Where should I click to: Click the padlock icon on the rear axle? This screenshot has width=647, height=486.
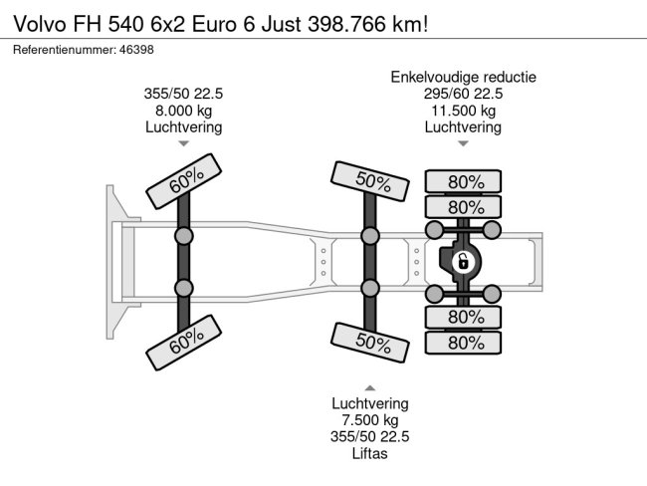point(463,262)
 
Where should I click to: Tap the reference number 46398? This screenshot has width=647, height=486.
point(136,50)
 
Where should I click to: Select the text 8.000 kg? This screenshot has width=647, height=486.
point(183,111)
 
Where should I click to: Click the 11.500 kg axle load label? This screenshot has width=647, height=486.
point(464,111)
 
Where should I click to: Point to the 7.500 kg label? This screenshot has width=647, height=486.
point(370,420)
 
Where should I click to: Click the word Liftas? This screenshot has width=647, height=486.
point(370,453)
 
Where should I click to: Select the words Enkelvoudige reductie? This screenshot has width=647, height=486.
point(464,78)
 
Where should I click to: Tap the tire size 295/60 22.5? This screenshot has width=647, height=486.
point(464,94)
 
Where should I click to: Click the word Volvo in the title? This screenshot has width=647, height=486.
point(40,24)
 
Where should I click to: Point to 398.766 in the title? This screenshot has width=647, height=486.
point(346,24)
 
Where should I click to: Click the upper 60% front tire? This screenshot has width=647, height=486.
point(183,181)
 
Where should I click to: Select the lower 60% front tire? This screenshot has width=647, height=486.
point(183,343)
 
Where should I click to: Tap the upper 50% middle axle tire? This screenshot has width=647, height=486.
point(370,181)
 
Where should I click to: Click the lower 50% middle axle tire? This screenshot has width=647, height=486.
point(370,343)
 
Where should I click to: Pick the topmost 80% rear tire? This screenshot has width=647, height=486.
point(464,181)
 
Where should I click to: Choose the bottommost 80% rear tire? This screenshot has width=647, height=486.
point(464,343)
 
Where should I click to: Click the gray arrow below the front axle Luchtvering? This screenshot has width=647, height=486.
point(183,143)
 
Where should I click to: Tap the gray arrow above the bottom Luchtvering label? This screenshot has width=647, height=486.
point(370,387)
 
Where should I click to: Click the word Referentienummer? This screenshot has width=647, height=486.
point(65,50)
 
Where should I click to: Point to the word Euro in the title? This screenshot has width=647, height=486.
point(214,24)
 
